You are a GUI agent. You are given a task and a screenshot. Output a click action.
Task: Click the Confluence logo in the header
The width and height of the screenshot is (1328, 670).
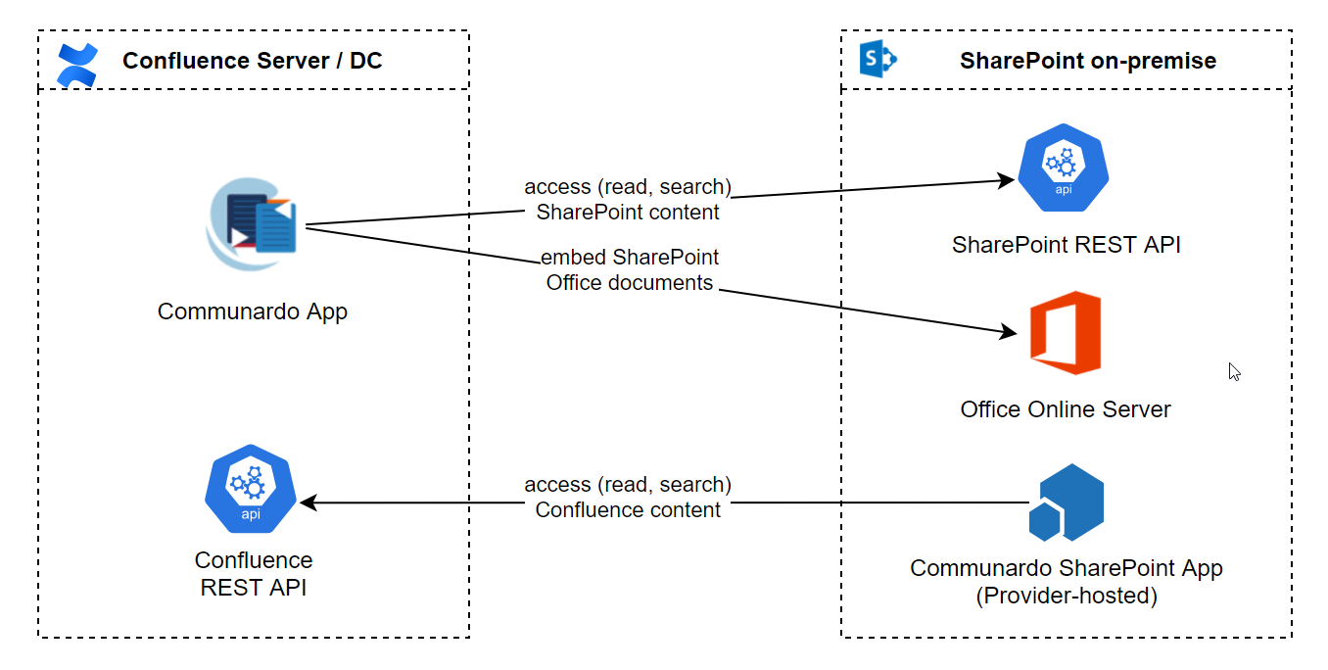(77, 65)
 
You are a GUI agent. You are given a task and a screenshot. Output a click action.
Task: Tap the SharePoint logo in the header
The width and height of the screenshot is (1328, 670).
(877, 60)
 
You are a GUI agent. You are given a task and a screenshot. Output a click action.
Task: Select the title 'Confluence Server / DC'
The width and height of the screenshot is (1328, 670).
(252, 61)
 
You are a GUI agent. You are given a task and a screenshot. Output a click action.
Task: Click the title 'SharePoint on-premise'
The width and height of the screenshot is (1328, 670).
(1087, 61)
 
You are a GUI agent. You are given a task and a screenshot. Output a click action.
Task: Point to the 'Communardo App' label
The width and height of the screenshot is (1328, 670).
(253, 311)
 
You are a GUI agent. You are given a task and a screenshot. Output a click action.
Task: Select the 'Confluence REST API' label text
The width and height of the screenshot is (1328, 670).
(254, 574)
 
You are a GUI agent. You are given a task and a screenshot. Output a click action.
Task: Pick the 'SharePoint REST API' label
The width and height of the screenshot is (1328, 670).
(1066, 245)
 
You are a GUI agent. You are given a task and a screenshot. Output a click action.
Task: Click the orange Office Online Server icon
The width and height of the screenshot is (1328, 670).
(1066, 332)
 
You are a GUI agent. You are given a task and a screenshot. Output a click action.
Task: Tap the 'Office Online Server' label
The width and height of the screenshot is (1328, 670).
(1066, 409)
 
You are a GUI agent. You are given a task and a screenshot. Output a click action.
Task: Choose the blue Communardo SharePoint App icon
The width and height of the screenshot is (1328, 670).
(1066, 502)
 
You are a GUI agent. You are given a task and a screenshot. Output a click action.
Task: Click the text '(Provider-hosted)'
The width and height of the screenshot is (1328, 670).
(1066, 595)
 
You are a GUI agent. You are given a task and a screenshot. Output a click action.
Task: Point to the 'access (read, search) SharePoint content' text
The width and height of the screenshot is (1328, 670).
(628, 199)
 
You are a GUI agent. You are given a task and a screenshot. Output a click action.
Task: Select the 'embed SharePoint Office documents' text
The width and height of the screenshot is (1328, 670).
(629, 270)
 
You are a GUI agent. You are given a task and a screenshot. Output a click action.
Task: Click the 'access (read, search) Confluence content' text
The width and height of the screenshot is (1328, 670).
(628, 497)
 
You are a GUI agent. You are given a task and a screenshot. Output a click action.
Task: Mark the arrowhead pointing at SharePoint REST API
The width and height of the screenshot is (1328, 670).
(1006, 180)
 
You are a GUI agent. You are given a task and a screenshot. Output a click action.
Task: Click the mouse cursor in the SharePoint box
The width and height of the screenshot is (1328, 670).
(1234, 371)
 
